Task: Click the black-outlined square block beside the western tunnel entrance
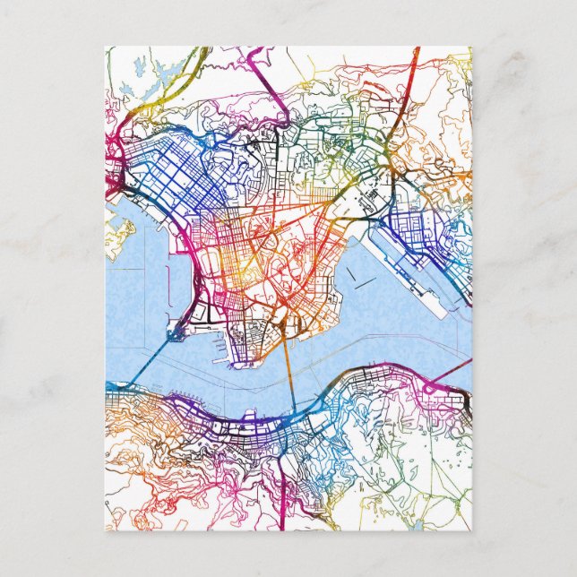[x=175, y=333]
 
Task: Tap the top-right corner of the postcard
[x=470, y=47]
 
